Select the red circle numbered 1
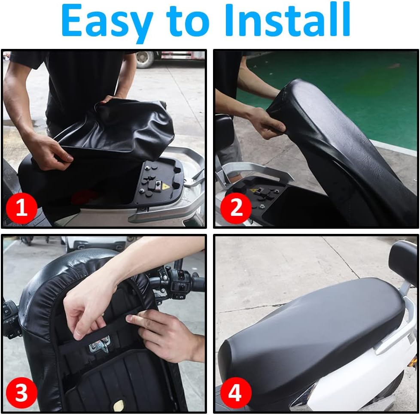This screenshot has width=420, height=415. (x=21, y=208)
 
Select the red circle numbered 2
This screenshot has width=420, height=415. (x=236, y=208)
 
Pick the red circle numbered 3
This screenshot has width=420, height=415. (x=21, y=393)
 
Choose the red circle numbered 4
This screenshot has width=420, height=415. (x=236, y=393)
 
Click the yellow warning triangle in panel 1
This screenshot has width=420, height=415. (x=165, y=186)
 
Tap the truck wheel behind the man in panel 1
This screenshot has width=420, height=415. (x=145, y=59)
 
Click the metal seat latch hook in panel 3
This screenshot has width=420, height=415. (x=100, y=344)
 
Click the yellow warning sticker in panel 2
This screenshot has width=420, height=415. (x=253, y=191)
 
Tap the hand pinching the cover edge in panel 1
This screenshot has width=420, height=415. (x=48, y=151)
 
